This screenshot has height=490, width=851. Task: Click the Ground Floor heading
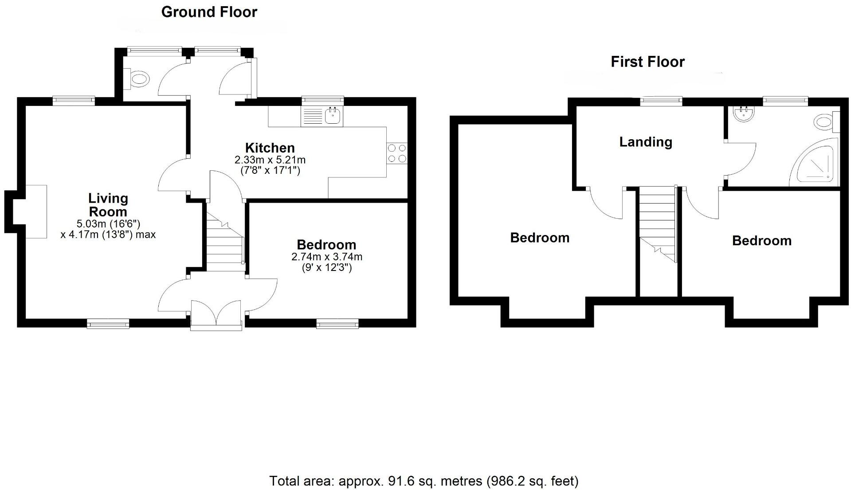[x=209, y=12]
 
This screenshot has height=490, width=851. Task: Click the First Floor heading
[x=647, y=62]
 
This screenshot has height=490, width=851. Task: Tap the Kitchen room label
[x=270, y=148]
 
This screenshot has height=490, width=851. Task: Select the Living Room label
[x=108, y=205]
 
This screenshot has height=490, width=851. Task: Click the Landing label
[x=646, y=142]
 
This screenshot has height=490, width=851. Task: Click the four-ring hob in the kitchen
[x=397, y=153]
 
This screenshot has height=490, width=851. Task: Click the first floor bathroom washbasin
[x=744, y=114]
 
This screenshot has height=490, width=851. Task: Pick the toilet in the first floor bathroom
[x=825, y=122]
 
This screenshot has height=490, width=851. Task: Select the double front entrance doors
[x=217, y=315]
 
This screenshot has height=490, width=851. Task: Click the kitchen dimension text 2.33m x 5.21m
[x=270, y=160]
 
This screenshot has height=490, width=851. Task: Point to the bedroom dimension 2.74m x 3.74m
[x=326, y=257]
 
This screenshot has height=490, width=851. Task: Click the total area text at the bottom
[x=424, y=481]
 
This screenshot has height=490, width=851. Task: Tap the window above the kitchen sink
[x=323, y=101]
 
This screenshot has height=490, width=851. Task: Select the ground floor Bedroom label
[x=326, y=244]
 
